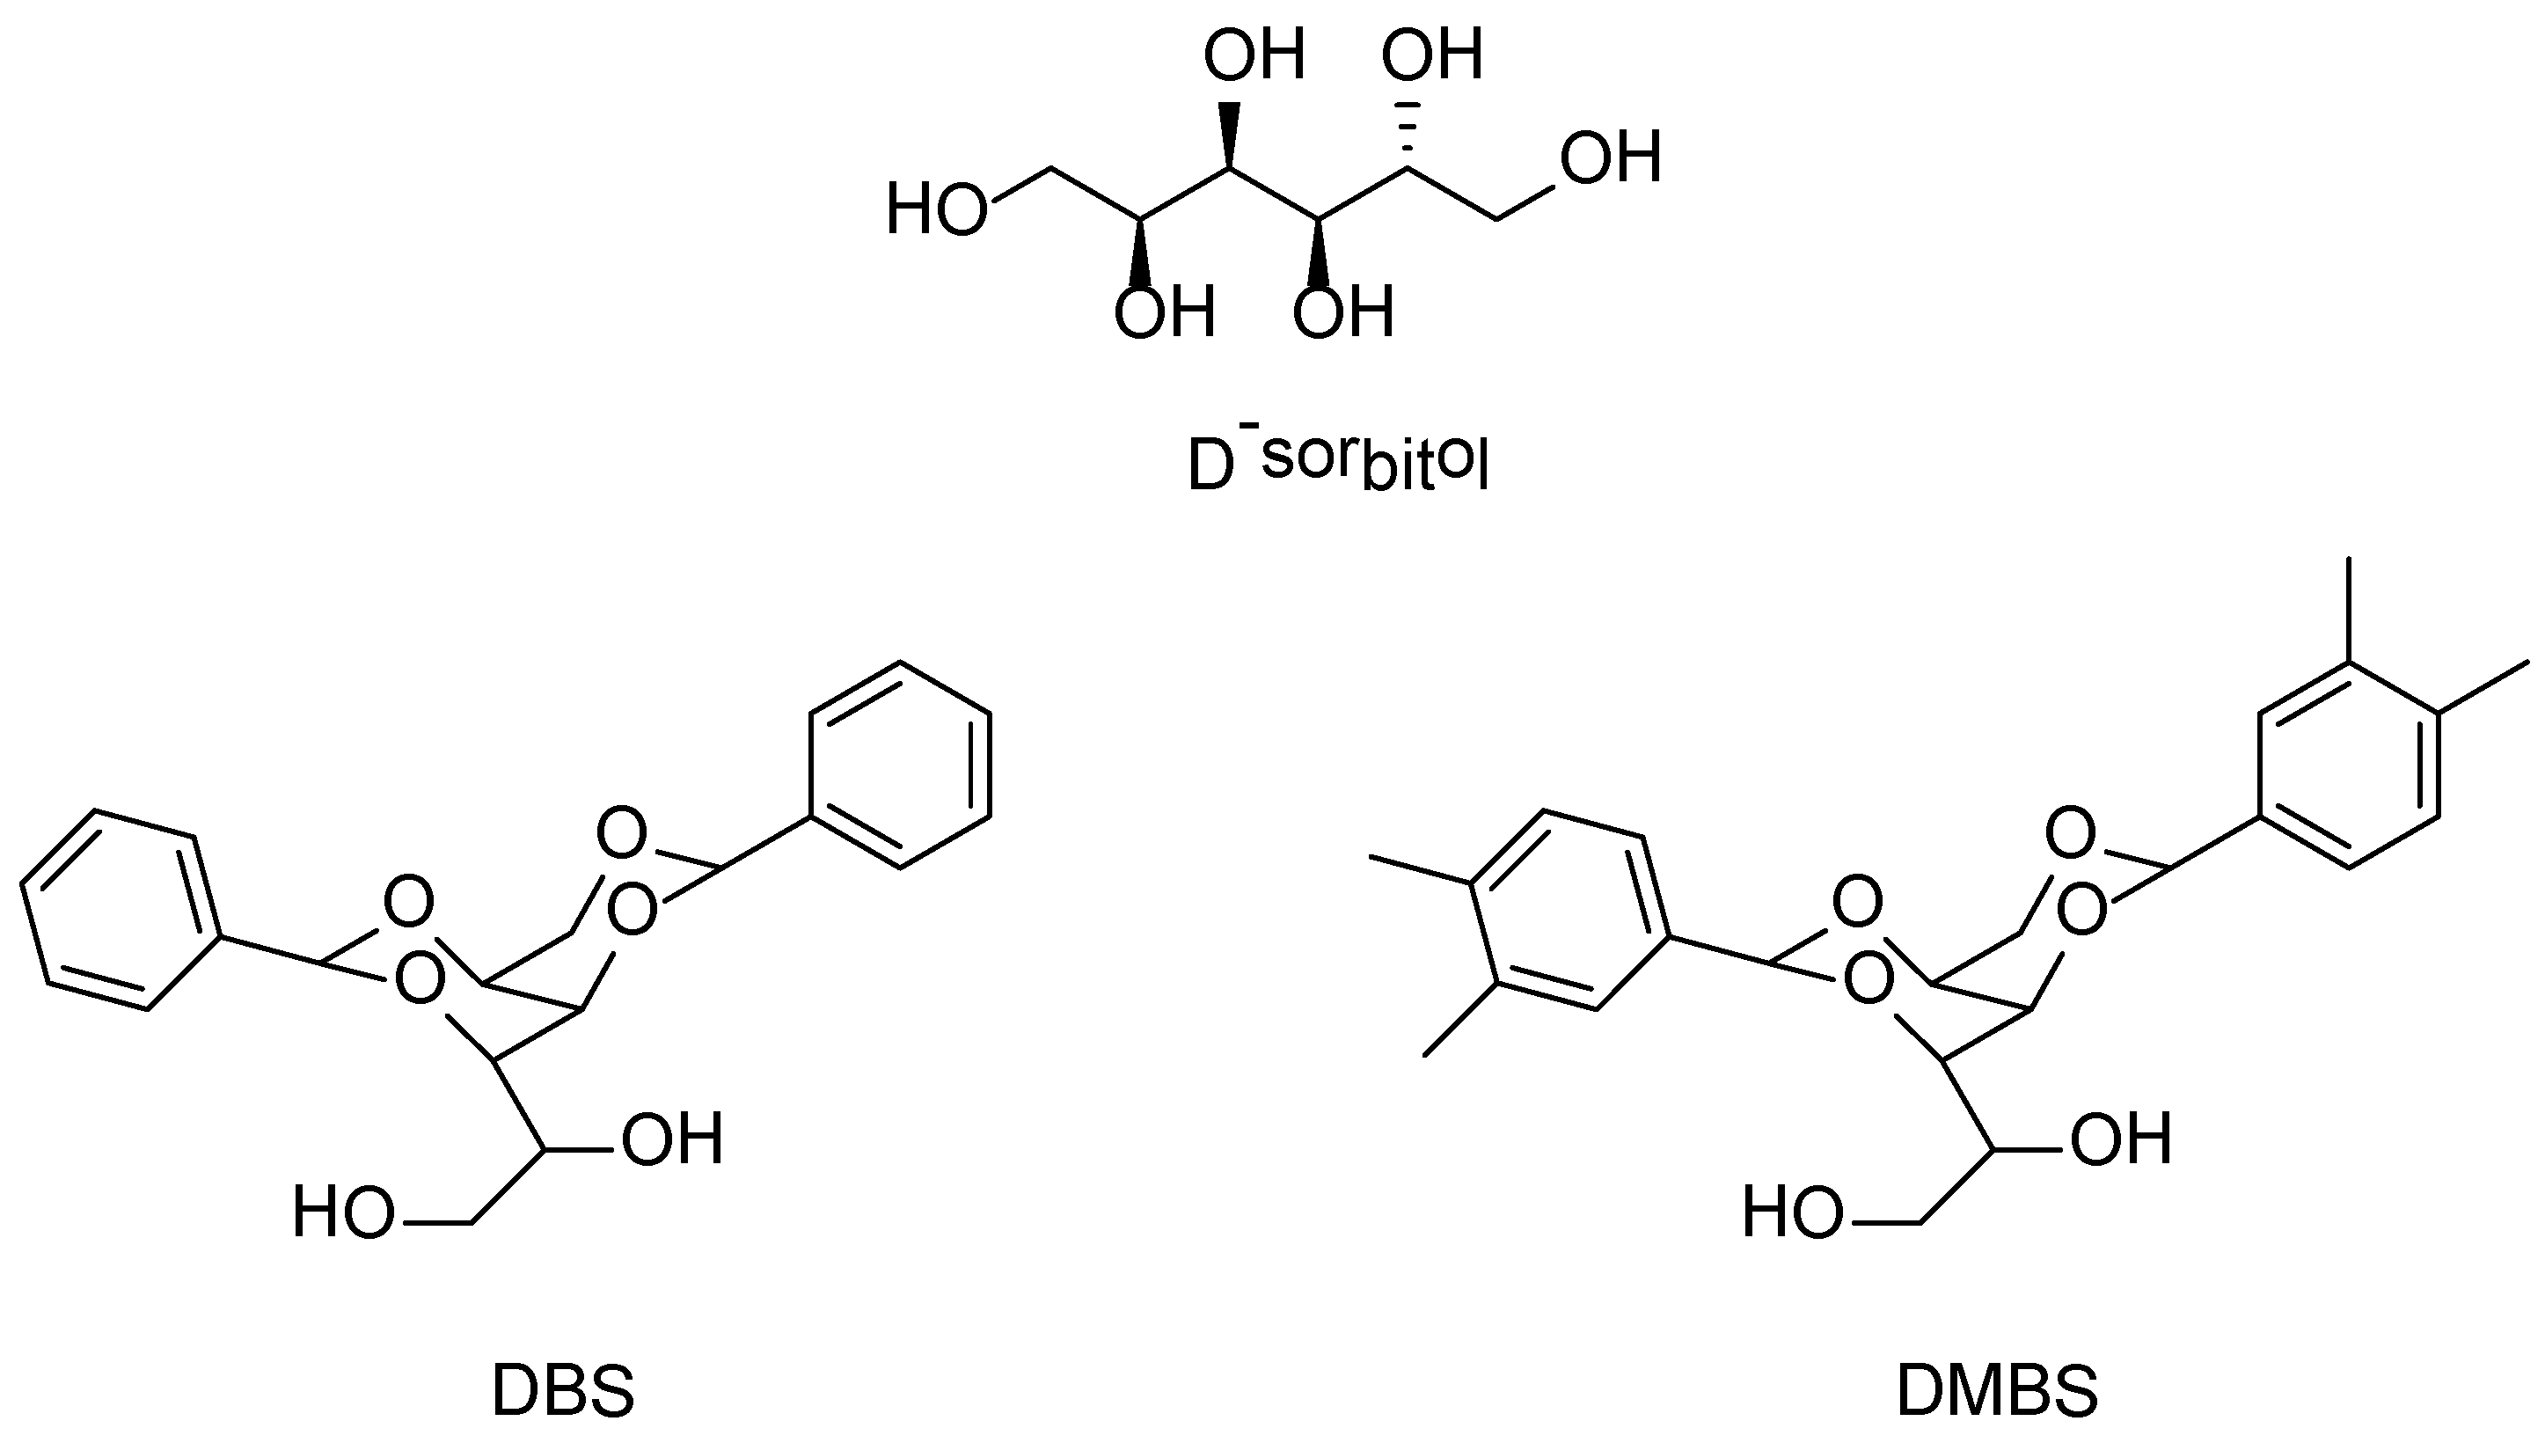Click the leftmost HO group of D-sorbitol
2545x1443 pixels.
click(x=936, y=210)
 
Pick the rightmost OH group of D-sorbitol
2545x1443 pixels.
click(x=1610, y=158)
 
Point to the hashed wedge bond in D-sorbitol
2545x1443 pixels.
click(x=1407, y=134)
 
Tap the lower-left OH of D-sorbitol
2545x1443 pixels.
click(x=1164, y=313)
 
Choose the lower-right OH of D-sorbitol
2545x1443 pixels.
click(x=1343, y=313)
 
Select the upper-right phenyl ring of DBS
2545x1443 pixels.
click(x=900, y=765)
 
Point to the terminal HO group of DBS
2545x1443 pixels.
click(x=343, y=1213)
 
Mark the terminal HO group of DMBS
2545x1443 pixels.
click(x=1793, y=1213)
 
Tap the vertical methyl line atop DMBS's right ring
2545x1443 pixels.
click(x=2348, y=610)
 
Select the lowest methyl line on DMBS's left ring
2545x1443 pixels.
click(x=1459, y=1021)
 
